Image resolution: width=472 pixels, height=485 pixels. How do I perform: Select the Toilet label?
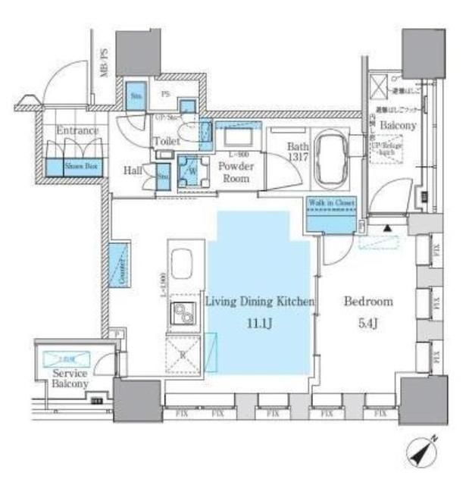coord(166,141)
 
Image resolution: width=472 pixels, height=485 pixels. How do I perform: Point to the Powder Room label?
coord(234,171)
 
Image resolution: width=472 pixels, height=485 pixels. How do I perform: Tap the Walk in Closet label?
coord(331,202)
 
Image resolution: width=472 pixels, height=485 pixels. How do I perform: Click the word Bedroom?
coord(368,301)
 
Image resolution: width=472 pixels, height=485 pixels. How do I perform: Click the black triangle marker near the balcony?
coord(386,227)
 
